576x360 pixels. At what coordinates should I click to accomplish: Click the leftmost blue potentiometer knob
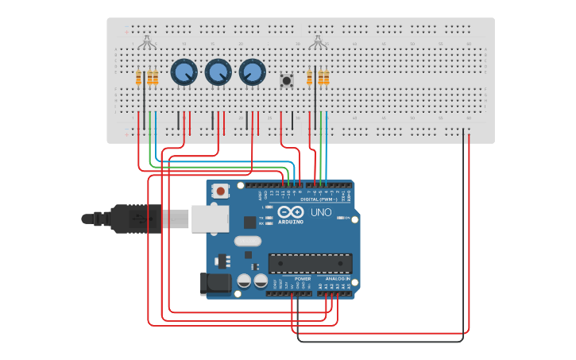184,72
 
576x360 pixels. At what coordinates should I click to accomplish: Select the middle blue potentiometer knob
218,72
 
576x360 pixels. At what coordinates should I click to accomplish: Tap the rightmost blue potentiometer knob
252,72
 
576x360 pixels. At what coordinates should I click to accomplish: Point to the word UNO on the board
320,212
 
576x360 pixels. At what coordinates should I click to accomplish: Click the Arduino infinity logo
291,212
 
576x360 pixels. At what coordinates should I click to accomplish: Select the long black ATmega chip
310,262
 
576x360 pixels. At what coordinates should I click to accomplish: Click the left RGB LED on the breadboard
146,41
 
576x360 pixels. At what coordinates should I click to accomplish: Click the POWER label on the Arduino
303,279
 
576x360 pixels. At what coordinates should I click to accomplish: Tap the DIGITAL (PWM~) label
326,199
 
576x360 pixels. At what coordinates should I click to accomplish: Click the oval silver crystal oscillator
247,241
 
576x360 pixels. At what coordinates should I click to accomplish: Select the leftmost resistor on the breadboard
139,77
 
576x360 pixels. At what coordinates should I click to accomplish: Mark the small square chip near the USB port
249,223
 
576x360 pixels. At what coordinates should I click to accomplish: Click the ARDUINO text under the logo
291,222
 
